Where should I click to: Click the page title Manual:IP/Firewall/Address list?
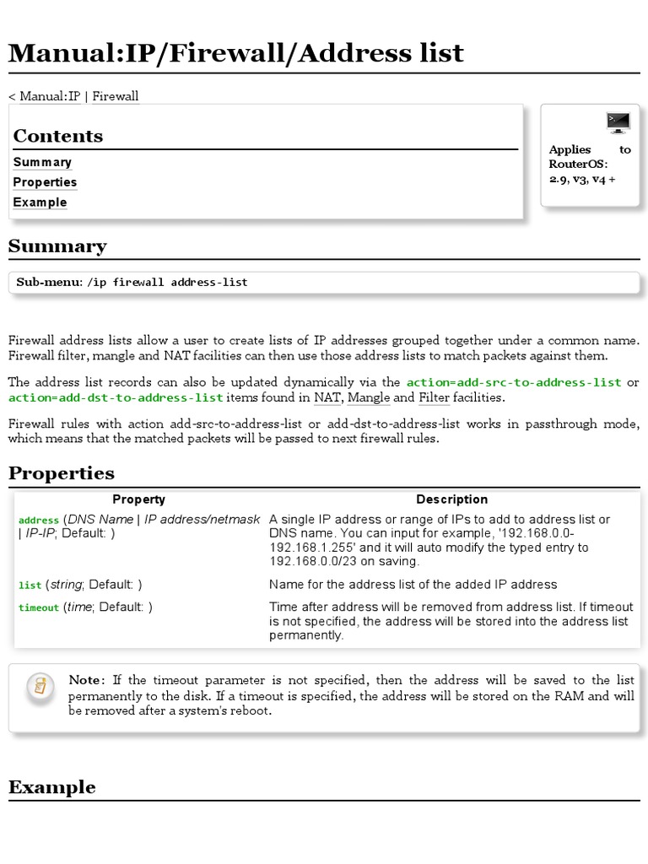tap(236, 53)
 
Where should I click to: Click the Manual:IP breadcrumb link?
tap(50, 96)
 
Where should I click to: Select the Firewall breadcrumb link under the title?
tap(116, 96)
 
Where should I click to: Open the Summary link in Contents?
tap(42, 162)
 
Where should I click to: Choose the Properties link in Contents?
tap(45, 182)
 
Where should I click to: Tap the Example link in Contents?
tap(40, 202)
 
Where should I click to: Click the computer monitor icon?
tap(618, 122)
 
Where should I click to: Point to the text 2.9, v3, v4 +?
tap(582, 179)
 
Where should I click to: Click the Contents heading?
tap(58, 136)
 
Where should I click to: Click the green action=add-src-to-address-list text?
tap(514, 382)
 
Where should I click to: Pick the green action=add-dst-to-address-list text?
tap(116, 397)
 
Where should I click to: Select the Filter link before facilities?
tap(434, 397)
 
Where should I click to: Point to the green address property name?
tap(39, 521)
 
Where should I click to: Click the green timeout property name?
tap(39, 607)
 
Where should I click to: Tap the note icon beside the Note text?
tap(39, 685)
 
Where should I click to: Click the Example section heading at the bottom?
tap(51, 787)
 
